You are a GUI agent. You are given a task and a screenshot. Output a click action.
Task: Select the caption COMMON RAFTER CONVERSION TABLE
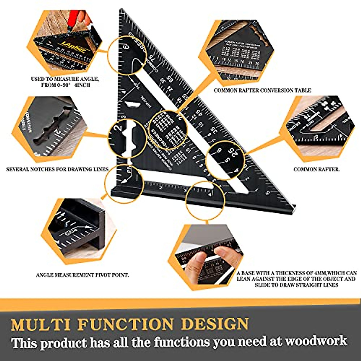(262, 90)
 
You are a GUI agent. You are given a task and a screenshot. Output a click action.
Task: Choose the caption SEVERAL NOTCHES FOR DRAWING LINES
(57, 169)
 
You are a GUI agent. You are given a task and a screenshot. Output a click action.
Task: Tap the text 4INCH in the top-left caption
(82, 85)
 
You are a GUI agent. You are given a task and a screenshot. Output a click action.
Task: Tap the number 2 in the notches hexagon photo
(56, 133)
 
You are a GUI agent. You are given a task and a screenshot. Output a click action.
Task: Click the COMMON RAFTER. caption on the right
(316, 169)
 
